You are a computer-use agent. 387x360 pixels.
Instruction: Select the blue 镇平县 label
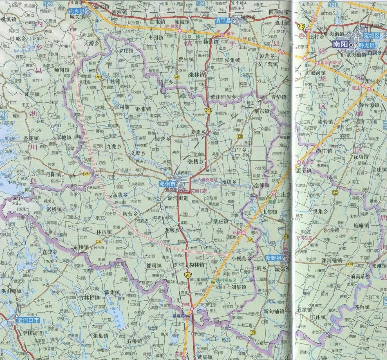point(223,21)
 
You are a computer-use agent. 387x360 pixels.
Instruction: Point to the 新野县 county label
point(274,258)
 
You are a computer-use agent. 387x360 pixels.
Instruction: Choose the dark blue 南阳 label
point(340,44)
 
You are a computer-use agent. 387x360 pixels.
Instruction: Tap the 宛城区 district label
point(371,35)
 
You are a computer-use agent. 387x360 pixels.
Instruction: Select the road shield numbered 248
point(177,77)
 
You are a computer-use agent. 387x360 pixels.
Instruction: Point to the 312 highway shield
point(301,26)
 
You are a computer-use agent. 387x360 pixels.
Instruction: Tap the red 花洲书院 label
point(199,191)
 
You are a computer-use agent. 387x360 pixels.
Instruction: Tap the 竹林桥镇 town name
point(89,297)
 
